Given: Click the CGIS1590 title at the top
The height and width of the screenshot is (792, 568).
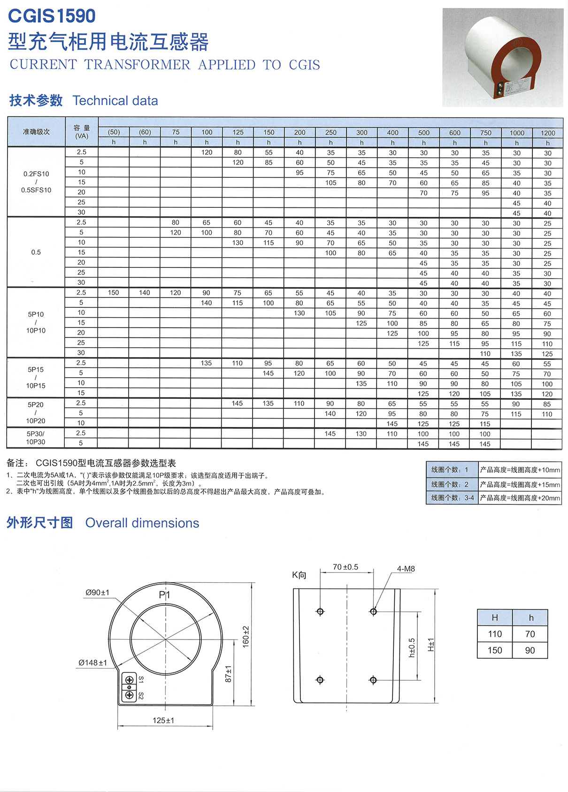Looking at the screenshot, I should (x=52, y=16).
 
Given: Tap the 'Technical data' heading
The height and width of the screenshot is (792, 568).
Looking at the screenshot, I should (x=115, y=100).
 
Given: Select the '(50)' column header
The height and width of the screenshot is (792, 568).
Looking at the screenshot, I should (x=114, y=132).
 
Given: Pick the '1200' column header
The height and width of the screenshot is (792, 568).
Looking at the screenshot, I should (x=547, y=133).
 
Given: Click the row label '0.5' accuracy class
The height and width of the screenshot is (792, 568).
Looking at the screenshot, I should (x=36, y=252).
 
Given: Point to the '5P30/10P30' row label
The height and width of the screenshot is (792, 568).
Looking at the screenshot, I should (x=36, y=438).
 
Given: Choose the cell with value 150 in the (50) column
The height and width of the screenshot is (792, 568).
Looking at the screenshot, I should (x=114, y=293).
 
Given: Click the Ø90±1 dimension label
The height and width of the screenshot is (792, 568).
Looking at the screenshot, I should (x=97, y=593).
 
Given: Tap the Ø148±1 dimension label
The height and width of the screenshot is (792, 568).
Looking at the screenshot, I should (x=92, y=663).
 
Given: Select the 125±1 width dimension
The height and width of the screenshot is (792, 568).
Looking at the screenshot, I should (x=163, y=720).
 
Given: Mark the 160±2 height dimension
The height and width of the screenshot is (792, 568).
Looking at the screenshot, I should (x=246, y=637).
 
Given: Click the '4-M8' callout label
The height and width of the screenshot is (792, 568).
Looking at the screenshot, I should (x=406, y=569).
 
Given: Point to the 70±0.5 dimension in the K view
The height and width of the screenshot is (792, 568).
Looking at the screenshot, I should (x=345, y=567).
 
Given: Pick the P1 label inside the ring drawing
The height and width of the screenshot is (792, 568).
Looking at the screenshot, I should (x=164, y=595).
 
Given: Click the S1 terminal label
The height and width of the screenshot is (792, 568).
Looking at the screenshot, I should (x=141, y=679).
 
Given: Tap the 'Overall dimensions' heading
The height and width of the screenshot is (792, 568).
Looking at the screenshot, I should (x=142, y=523).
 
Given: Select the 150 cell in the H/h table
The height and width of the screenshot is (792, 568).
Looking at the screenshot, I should (x=495, y=650).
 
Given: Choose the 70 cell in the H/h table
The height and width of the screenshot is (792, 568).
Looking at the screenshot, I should (x=530, y=634).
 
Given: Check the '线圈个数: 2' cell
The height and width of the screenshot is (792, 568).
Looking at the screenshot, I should (x=450, y=484).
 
